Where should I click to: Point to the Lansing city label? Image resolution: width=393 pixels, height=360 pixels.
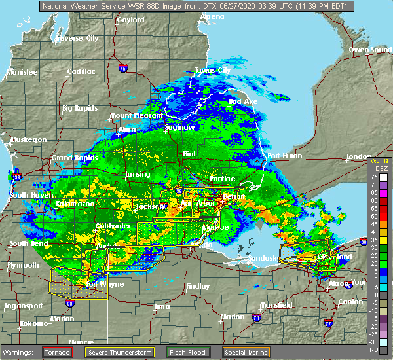click(138, 175)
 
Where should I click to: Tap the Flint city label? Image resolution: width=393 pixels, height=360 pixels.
click(189, 154)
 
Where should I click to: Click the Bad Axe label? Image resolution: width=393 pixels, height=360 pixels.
click(242, 101)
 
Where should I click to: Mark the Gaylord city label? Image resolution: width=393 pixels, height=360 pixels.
click(130, 20)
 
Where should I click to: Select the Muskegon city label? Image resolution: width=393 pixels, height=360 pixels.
click(28, 139)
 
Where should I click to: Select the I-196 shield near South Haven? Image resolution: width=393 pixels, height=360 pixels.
click(17, 176)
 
